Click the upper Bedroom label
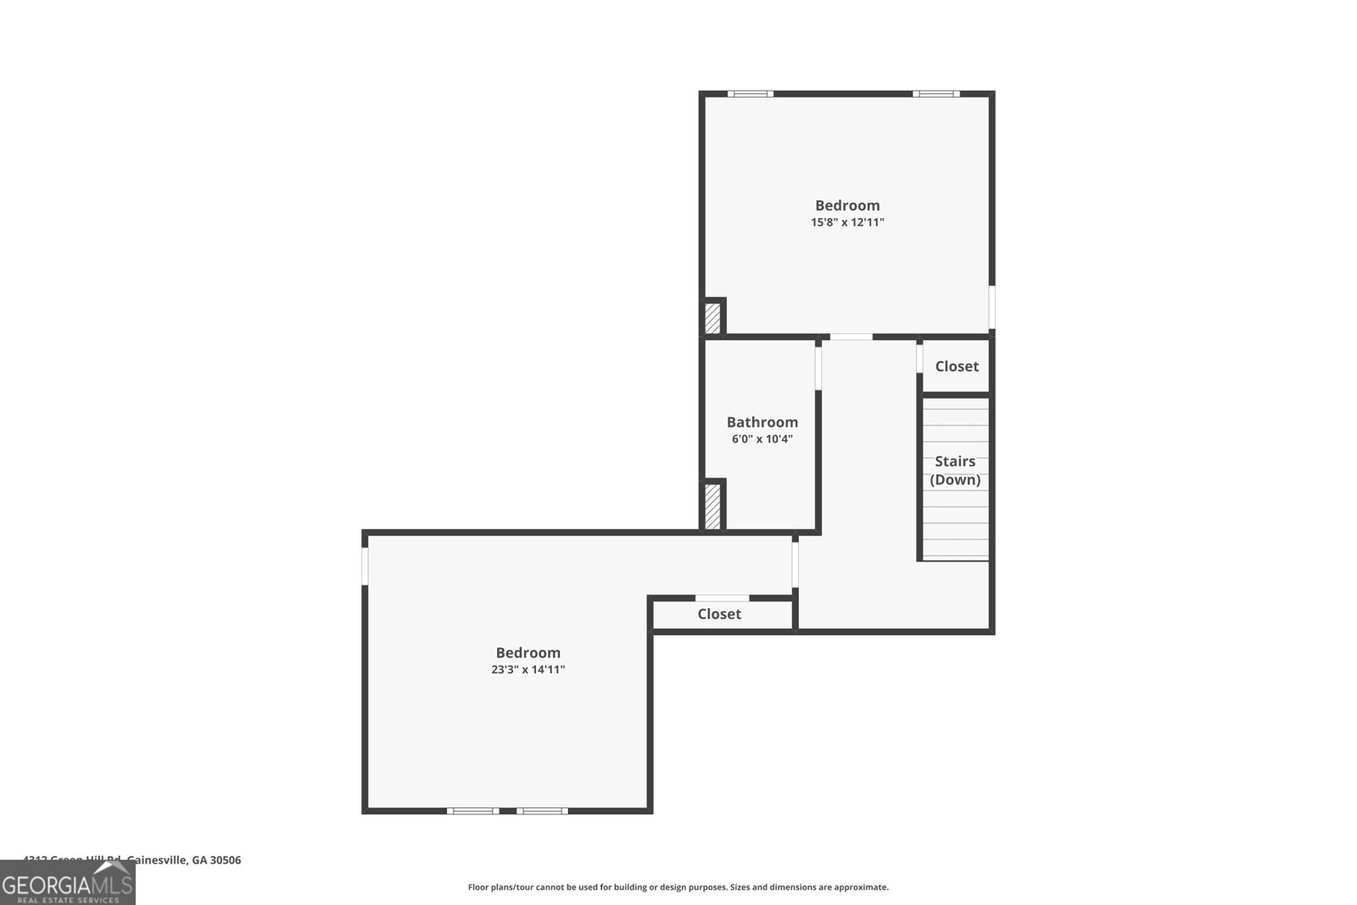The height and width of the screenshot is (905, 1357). [x=847, y=205]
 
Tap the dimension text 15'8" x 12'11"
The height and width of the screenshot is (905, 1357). [x=847, y=222]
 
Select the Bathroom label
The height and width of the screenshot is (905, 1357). [x=762, y=422]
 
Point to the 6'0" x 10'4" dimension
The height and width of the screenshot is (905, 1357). [x=762, y=439]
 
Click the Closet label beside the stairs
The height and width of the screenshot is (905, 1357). [x=957, y=366]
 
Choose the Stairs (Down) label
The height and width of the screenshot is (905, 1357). [x=955, y=471]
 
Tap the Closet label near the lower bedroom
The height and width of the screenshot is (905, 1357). [x=719, y=614]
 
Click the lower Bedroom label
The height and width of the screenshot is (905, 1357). [x=528, y=653]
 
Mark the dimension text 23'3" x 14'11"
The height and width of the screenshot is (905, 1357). [x=528, y=670]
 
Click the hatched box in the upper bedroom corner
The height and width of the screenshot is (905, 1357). [x=713, y=318]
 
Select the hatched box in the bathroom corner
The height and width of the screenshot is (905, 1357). [x=713, y=506]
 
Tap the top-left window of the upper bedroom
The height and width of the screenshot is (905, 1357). [x=751, y=93]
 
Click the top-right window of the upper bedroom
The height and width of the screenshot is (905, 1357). [x=936, y=93]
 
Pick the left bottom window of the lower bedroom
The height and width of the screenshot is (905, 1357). [x=473, y=811]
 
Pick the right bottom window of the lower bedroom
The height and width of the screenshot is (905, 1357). [x=542, y=811]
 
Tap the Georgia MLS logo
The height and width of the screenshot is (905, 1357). [x=68, y=884]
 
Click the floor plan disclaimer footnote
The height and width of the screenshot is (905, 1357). [x=678, y=887]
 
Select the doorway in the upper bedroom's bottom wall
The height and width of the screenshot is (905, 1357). [x=851, y=338]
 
